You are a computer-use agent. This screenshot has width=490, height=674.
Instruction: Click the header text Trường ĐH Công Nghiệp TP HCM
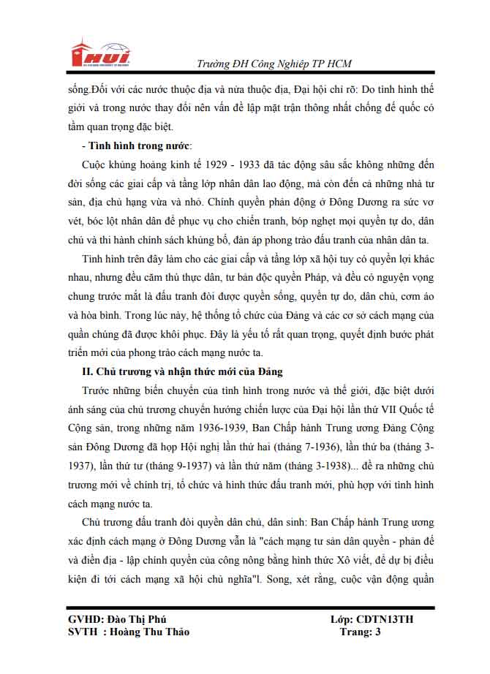pyautogui.click(x=274, y=64)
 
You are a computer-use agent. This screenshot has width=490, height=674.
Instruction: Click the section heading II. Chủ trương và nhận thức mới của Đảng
pyautogui.click(x=182, y=372)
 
